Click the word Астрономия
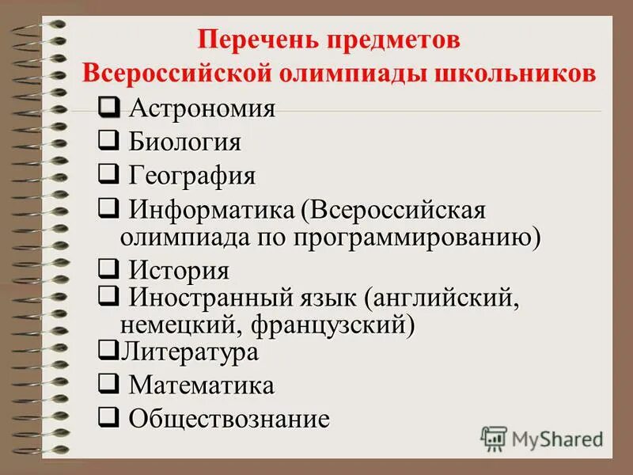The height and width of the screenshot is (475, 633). [202, 108]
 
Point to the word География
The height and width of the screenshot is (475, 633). [192, 175]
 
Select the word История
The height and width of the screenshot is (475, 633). [179, 271]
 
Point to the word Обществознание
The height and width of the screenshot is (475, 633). [229, 419]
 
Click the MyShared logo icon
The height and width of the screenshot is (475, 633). [494, 438]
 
